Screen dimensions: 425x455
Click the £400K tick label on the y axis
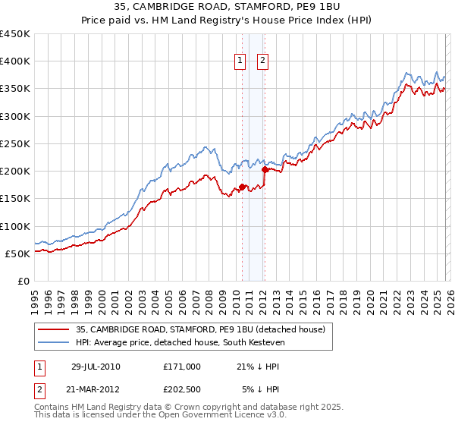coord(15,61)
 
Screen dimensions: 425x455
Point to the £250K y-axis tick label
coord(15,143)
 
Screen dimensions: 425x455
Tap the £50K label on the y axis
coord(18,253)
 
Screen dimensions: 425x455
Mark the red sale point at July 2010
coord(242,187)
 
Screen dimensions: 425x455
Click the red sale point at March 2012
coord(265,170)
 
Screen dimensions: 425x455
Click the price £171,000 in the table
coord(182,366)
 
